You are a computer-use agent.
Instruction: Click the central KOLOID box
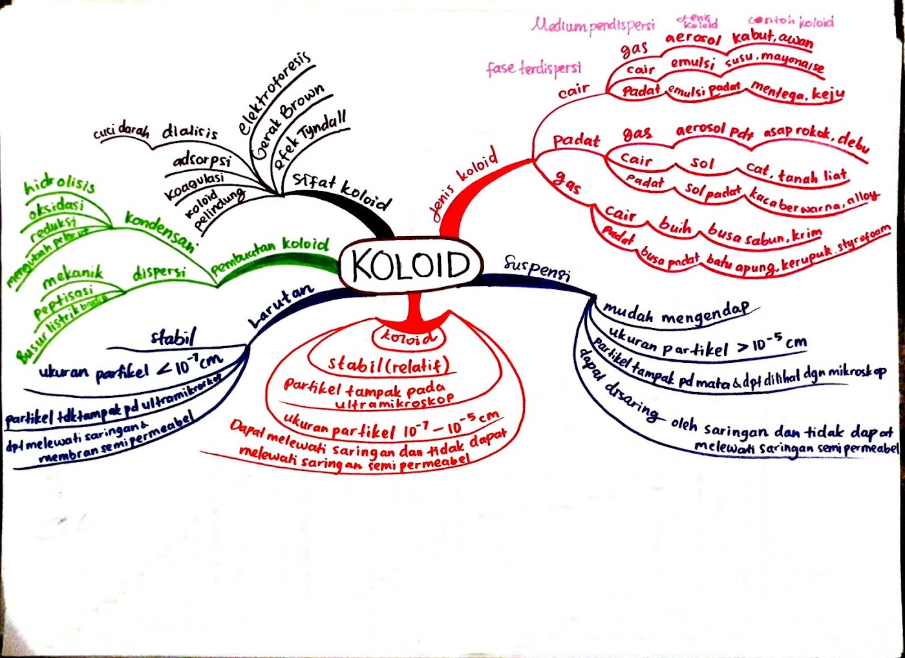(x=410, y=265)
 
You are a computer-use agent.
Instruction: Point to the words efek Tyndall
(x=310, y=140)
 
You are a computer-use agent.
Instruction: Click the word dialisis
(x=189, y=131)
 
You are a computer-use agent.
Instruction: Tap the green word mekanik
(x=72, y=276)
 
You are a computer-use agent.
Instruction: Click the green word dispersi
(x=159, y=272)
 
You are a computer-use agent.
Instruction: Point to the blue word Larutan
(x=281, y=305)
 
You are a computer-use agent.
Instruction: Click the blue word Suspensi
(x=537, y=267)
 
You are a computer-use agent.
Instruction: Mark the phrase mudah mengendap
(x=676, y=313)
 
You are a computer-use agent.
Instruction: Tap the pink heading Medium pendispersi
(x=593, y=26)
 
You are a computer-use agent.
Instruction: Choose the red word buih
(x=675, y=225)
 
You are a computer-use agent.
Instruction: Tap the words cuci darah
(x=121, y=131)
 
